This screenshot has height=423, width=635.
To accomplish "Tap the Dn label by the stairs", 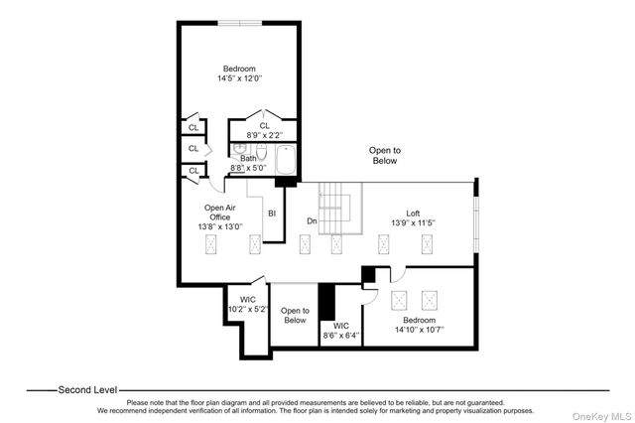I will click(312, 220).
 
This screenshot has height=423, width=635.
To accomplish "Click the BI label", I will click(271, 212).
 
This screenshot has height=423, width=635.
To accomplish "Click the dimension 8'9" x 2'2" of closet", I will click(264, 134).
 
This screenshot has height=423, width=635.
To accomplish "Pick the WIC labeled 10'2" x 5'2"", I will click(248, 304).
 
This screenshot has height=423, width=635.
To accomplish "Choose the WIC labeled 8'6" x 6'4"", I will click(340, 331).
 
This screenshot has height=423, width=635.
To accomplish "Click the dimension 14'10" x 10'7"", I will click(420, 329).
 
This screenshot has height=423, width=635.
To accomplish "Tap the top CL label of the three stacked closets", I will click(192, 127).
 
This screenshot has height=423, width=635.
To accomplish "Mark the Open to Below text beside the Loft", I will click(384, 155).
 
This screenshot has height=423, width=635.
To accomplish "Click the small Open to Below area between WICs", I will click(295, 316).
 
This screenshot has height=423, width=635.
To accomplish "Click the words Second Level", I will click(86, 389).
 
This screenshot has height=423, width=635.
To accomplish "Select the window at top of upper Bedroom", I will click(240, 22).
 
